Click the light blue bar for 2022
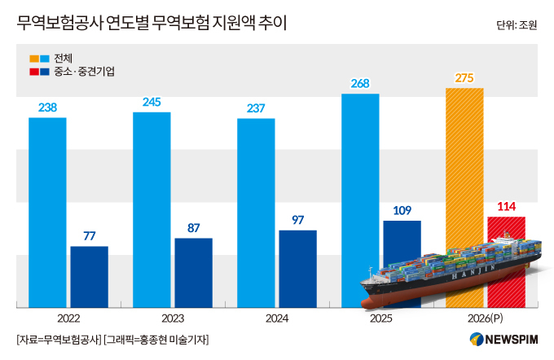click(x=47, y=212)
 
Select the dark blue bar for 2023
click(x=193, y=273)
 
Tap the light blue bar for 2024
click(x=256, y=213)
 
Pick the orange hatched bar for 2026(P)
click(x=464, y=163)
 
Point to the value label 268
click(x=360, y=83)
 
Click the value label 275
click(x=464, y=77)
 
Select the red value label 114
click(x=506, y=207)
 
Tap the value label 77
click(x=89, y=236)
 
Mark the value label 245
click(x=152, y=102)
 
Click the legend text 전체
click(x=64, y=59)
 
